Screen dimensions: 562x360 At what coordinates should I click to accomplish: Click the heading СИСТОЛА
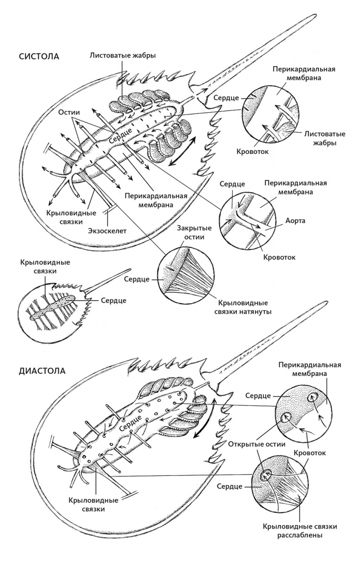click(x=39, y=57)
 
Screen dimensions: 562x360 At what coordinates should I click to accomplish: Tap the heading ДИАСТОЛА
click(x=42, y=370)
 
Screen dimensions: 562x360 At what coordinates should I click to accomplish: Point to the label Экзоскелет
click(x=107, y=230)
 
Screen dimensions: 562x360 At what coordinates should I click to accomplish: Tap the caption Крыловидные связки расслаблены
click(x=300, y=531)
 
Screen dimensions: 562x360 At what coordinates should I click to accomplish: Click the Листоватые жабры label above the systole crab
click(x=123, y=56)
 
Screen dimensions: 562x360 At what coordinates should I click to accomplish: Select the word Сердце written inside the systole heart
click(x=121, y=135)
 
